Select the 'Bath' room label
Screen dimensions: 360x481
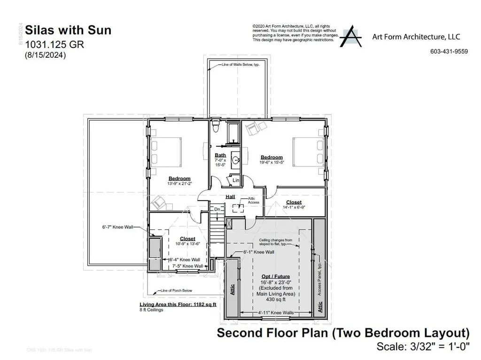coord(220,155)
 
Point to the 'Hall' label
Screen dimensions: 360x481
coord(230,197)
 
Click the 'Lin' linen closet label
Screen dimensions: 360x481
coord(235,180)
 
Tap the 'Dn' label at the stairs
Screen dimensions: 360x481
coord(217,209)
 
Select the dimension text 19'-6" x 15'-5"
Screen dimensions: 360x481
coord(272,163)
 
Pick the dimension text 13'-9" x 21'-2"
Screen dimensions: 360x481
coord(180,184)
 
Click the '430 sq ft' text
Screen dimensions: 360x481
coord(276,299)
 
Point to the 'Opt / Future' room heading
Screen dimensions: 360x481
coord(276,276)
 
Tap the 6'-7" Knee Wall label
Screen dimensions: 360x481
coord(117,227)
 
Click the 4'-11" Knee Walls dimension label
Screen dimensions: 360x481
coord(276,312)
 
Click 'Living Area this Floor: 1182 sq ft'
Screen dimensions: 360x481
coord(178,305)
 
